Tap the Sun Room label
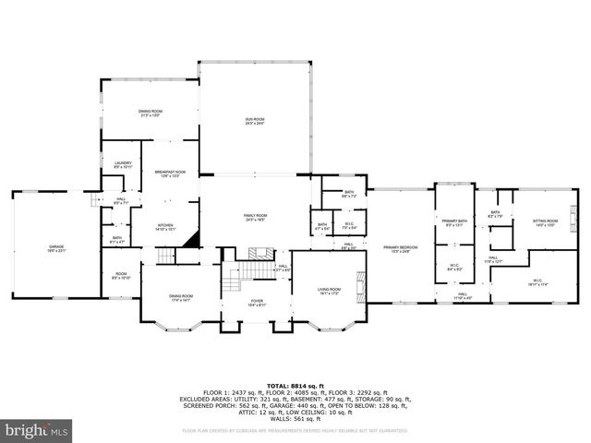point(254,120)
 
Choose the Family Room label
point(255,217)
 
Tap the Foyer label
point(257,302)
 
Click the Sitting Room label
point(545,222)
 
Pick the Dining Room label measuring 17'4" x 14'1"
point(180,297)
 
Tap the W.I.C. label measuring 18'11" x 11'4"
point(537,282)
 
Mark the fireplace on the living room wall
point(361,281)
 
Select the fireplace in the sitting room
point(573,217)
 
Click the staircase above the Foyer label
point(242,273)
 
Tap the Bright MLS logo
point(37,429)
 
